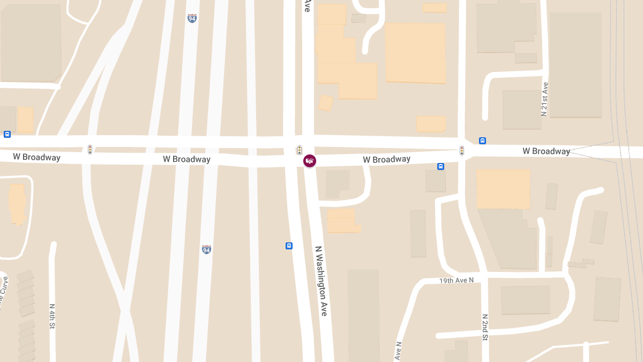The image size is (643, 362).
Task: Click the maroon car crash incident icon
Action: click(310, 160)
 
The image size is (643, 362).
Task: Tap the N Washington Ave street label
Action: click(321, 280)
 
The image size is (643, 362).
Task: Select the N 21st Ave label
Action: click(545, 99)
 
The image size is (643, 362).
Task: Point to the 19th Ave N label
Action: click(457, 280)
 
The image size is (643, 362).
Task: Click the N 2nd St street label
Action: click(484, 327)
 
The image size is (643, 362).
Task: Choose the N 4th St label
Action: click(53, 316)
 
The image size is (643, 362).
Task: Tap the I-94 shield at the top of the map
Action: click(192, 18)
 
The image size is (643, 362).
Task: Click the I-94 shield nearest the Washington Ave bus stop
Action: click(206, 249)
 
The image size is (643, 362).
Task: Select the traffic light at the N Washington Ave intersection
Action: click(300, 150)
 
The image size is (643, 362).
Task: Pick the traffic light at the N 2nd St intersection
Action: click(461, 151)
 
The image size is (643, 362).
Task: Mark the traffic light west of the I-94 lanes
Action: click(90, 149)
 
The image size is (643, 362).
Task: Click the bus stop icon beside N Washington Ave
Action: click(289, 246)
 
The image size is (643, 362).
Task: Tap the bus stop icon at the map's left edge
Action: click(7, 134)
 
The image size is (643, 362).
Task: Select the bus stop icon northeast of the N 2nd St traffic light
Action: click(482, 141)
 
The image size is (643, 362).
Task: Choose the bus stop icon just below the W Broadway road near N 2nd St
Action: click(440, 166)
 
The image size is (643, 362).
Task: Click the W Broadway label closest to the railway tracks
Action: click(546, 151)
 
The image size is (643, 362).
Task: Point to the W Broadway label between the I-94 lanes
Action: click(186, 159)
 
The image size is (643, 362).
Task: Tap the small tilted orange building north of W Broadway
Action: click(325, 102)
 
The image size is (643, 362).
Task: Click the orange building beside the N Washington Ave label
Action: click(341, 220)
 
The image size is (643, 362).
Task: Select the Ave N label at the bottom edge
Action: click(398, 351)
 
